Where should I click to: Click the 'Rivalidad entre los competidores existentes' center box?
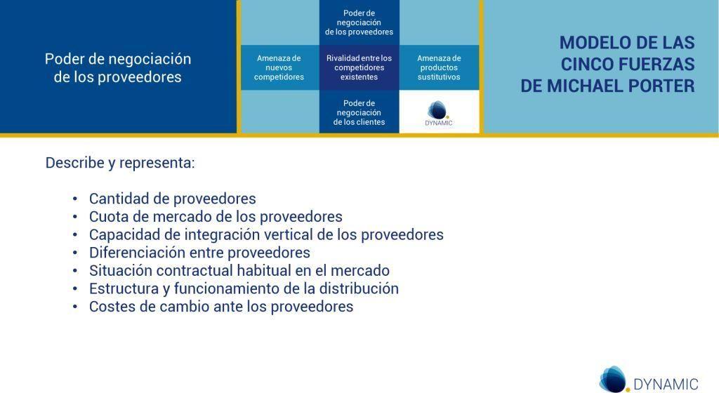pos(359,67)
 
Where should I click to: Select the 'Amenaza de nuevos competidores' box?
pos(279,67)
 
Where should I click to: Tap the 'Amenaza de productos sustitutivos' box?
pos(439,67)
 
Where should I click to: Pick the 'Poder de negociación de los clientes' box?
pos(359,112)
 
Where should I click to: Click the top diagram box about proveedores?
pos(359,22)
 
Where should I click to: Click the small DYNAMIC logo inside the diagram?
pos(439,113)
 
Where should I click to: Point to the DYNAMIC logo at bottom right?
pos(648,381)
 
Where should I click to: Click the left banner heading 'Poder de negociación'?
pos(118,59)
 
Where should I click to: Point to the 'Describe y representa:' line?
pos(120,163)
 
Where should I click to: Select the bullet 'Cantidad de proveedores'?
pos(172,199)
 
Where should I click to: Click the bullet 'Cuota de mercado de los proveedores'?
pos(216,216)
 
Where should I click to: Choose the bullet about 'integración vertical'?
pos(266,234)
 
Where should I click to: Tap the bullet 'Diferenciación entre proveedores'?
pos(199,253)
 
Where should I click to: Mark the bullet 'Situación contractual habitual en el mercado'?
pos(239,270)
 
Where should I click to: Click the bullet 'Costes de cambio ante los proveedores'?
pos(221,307)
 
